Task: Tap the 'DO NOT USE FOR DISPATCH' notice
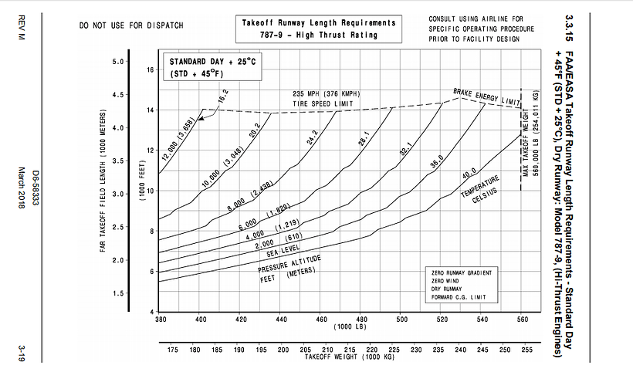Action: pos(131,25)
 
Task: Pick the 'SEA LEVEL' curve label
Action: pos(284,252)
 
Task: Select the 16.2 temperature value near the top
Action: pos(222,98)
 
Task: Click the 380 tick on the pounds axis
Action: pos(161,318)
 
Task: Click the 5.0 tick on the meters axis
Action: pos(118,62)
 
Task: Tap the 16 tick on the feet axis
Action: pos(151,70)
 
